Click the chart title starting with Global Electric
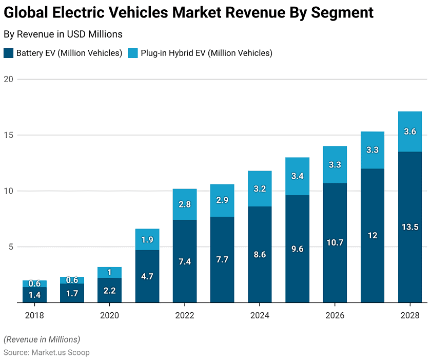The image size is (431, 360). pyautogui.click(x=188, y=13)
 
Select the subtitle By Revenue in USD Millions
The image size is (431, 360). pyautogui.click(x=63, y=34)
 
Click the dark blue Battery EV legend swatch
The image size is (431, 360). pyautogui.click(x=9, y=53)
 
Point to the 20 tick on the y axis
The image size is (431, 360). pyautogui.click(x=8, y=79)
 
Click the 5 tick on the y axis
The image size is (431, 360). pyautogui.click(x=10, y=247)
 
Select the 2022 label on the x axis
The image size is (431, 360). pyautogui.click(x=184, y=315)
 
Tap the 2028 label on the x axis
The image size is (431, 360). pyautogui.click(x=409, y=315)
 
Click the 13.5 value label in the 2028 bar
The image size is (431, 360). pyautogui.click(x=409, y=227)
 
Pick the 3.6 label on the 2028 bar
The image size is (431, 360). pyautogui.click(x=409, y=131)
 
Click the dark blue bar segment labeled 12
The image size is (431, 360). pyautogui.click(x=373, y=235)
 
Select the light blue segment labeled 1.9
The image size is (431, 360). pyautogui.click(x=147, y=239)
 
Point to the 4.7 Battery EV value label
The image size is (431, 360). pyautogui.click(x=147, y=276)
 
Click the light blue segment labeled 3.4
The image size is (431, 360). pyautogui.click(x=297, y=176)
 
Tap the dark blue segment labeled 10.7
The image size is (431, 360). pyautogui.click(x=335, y=242)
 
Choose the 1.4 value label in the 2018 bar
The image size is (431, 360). pyautogui.click(x=34, y=295)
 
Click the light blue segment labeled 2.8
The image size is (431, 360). pyautogui.click(x=185, y=204)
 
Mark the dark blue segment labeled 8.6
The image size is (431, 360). pyautogui.click(x=260, y=254)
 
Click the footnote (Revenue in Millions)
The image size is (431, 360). pyautogui.click(x=42, y=339)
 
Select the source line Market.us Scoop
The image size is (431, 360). pyautogui.click(x=47, y=352)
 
